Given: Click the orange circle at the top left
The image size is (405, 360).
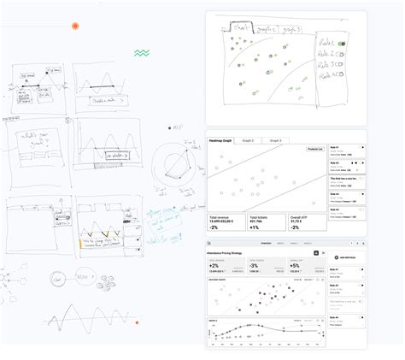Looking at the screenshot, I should click(75, 27).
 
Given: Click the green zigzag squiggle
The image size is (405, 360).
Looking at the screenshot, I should click(142, 53).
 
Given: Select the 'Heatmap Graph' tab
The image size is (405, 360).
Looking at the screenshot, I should click(221, 139).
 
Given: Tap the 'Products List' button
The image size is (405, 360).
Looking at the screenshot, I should click(314, 149).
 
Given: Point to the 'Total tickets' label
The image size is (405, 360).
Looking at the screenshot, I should click(260, 218).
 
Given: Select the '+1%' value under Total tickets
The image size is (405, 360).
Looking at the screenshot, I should click(255, 228).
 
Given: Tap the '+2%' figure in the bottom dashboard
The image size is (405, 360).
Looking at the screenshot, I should click(214, 266).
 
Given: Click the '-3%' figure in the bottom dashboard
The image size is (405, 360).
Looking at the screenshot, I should click(254, 266).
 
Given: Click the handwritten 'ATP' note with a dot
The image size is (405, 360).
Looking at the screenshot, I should click(177, 127).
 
